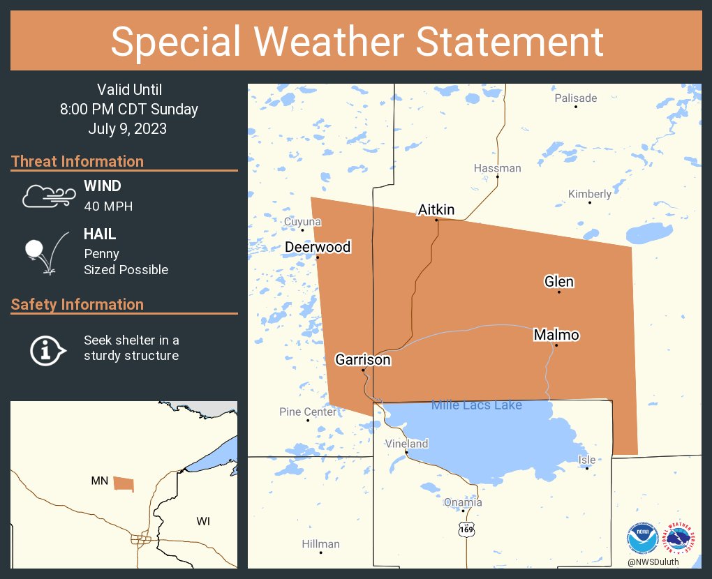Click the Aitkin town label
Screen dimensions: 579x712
click(x=436, y=209)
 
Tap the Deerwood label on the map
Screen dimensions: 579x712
click(x=318, y=247)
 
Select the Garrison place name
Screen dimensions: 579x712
click(x=363, y=360)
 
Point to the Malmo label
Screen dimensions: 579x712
click(x=556, y=335)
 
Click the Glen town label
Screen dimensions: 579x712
click(x=559, y=281)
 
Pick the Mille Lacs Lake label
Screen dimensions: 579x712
click(x=476, y=405)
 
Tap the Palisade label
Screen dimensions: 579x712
click(x=576, y=98)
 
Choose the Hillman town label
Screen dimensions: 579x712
click(x=321, y=544)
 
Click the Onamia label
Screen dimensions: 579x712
click(x=463, y=502)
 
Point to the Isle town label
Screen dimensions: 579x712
click(x=587, y=459)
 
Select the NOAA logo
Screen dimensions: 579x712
click(x=642, y=538)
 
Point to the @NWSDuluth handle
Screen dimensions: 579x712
click(x=653, y=562)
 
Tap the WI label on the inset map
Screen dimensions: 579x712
click(x=203, y=521)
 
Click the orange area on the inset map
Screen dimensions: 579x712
click(x=124, y=483)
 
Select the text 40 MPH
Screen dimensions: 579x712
click(x=108, y=206)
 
